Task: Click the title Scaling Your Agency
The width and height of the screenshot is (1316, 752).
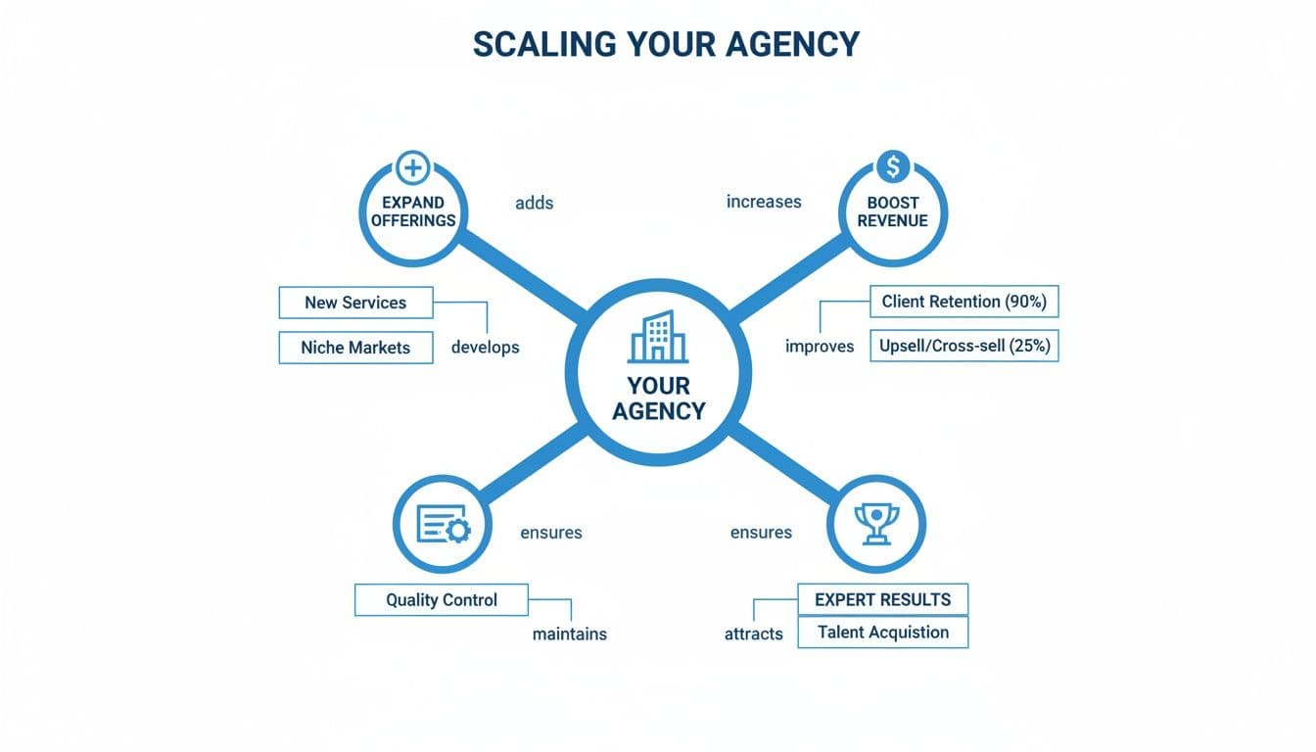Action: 665,44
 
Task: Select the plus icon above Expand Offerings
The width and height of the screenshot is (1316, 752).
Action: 412,167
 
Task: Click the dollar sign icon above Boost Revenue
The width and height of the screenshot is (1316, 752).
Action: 892,166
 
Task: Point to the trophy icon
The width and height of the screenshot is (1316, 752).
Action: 876,524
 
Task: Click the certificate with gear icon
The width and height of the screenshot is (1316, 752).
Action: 443,525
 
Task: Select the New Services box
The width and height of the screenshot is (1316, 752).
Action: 355,303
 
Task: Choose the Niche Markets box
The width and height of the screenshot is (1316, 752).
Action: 355,348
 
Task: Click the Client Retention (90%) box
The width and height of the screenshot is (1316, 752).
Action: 963,302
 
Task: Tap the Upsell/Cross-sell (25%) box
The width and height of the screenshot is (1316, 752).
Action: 963,346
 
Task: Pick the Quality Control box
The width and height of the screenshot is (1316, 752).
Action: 441,600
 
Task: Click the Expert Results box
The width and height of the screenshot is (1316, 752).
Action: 882,599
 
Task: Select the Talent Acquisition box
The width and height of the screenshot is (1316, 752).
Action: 882,633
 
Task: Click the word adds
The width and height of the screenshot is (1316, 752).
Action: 534,203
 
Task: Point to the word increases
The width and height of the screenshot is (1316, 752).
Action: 764,202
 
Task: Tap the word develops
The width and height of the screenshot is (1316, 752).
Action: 485,347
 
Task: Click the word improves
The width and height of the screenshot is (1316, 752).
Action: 820,347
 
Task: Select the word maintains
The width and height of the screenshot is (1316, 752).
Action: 569,634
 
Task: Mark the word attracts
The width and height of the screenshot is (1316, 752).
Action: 753,634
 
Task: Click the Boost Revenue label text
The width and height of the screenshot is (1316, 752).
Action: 892,211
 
